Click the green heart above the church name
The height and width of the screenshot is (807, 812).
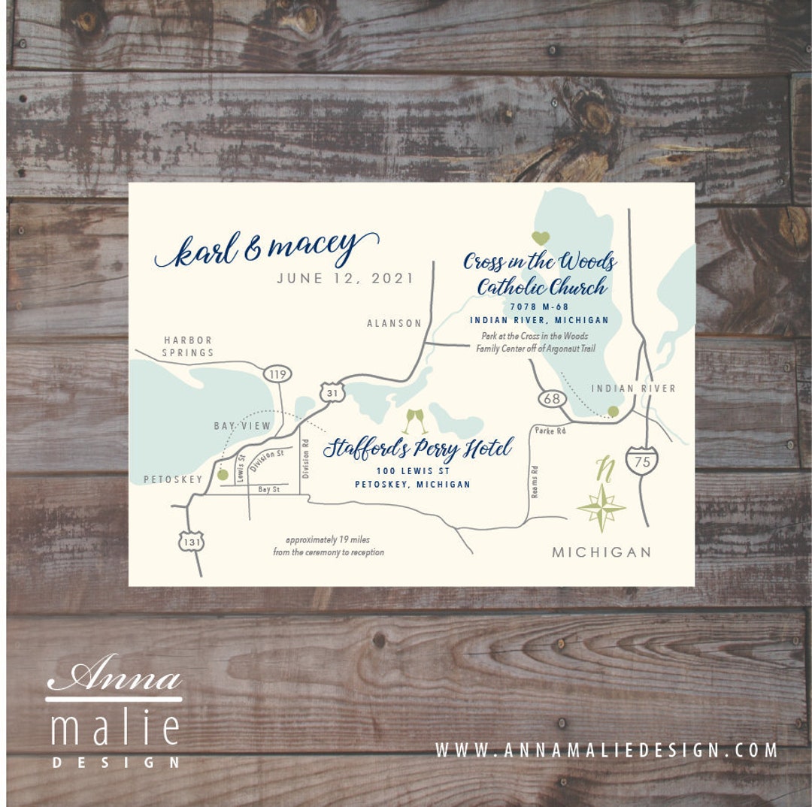click(540, 238)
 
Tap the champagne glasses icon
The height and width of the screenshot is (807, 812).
click(415, 421)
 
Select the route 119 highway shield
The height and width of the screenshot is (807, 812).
click(277, 373)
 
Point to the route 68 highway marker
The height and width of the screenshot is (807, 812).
click(553, 398)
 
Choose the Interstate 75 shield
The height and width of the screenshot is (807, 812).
click(641, 460)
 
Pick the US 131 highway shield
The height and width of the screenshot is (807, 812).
click(192, 540)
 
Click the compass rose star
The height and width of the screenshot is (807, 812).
click(601, 508)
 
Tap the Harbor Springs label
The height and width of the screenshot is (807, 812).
click(188, 346)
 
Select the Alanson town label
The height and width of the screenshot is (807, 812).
click(394, 323)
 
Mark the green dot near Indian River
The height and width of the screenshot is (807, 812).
click(614, 411)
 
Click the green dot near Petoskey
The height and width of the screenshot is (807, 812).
click(223, 475)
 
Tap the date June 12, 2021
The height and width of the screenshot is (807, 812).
click(345, 278)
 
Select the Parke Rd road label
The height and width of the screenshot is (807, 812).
click(550, 431)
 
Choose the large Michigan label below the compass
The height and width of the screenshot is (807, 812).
click(601, 552)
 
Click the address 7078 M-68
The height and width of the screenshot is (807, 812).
click(539, 307)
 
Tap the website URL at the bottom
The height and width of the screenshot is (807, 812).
click(606, 749)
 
